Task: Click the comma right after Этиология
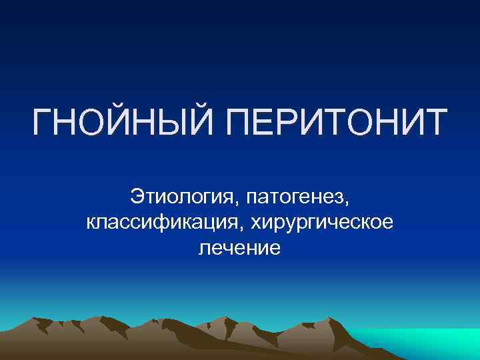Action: pos(240,203)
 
